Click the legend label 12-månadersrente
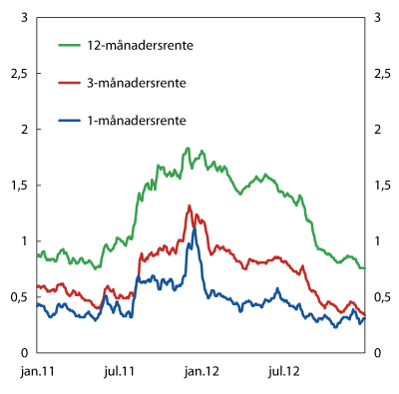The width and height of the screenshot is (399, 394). [140, 45]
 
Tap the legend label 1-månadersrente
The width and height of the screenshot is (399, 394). [136, 120]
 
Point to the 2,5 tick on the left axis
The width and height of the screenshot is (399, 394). [18, 73]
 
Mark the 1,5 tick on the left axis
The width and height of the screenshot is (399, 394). [18, 185]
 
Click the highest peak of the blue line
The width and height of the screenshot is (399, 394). [195, 228]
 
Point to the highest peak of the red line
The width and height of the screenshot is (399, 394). [190, 206]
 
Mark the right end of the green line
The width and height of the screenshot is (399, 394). [365, 267]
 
